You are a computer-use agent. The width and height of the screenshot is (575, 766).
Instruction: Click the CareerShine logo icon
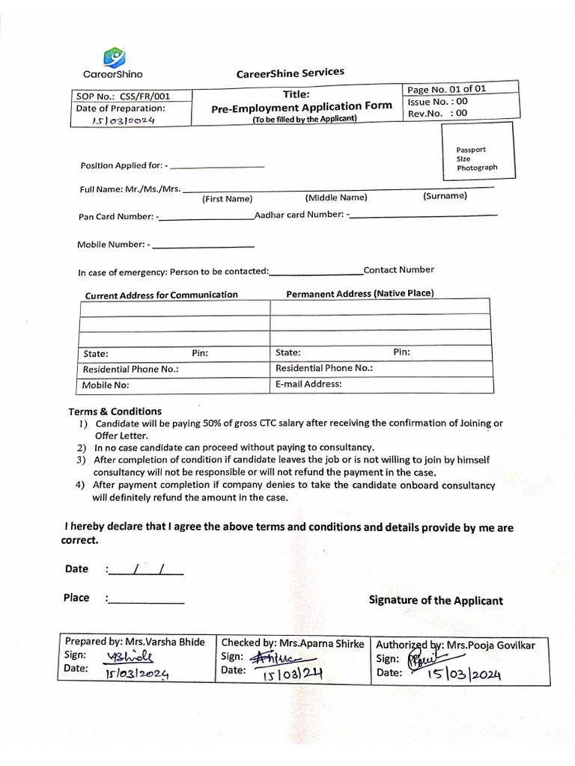click(x=114, y=57)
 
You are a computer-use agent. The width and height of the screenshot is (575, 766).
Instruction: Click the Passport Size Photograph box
click(x=476, y=151)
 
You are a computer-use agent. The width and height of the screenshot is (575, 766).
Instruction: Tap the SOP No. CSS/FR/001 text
click(x=123, y=96)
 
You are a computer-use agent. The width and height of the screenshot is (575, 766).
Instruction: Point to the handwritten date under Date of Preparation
click(x=123, y=120)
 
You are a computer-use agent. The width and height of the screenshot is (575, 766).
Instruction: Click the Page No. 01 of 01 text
click(x=446, y=89)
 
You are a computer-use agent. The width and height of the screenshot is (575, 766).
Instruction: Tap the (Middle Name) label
click(x=336, y=197)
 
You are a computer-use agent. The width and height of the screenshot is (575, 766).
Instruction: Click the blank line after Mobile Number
click(x=203, y=245)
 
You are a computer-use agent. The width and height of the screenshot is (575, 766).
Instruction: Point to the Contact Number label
click(x=398, y=270)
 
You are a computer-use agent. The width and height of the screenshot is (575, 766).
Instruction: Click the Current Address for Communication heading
click(x=161, y=295)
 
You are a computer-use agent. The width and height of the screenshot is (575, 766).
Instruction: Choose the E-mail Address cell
click(x=308, y=384)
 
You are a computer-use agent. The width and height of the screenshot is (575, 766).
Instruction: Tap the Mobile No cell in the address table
click(x=106, y=385)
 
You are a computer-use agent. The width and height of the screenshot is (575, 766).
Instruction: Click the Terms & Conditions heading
click(x=115, y=411)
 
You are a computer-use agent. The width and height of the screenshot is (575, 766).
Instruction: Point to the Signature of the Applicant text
click(x=436, y=601)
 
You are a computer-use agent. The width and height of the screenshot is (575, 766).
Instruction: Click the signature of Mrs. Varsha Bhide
click(x=130, y=657)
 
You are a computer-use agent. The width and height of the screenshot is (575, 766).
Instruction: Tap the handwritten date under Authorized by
click(x=464, y=675)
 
